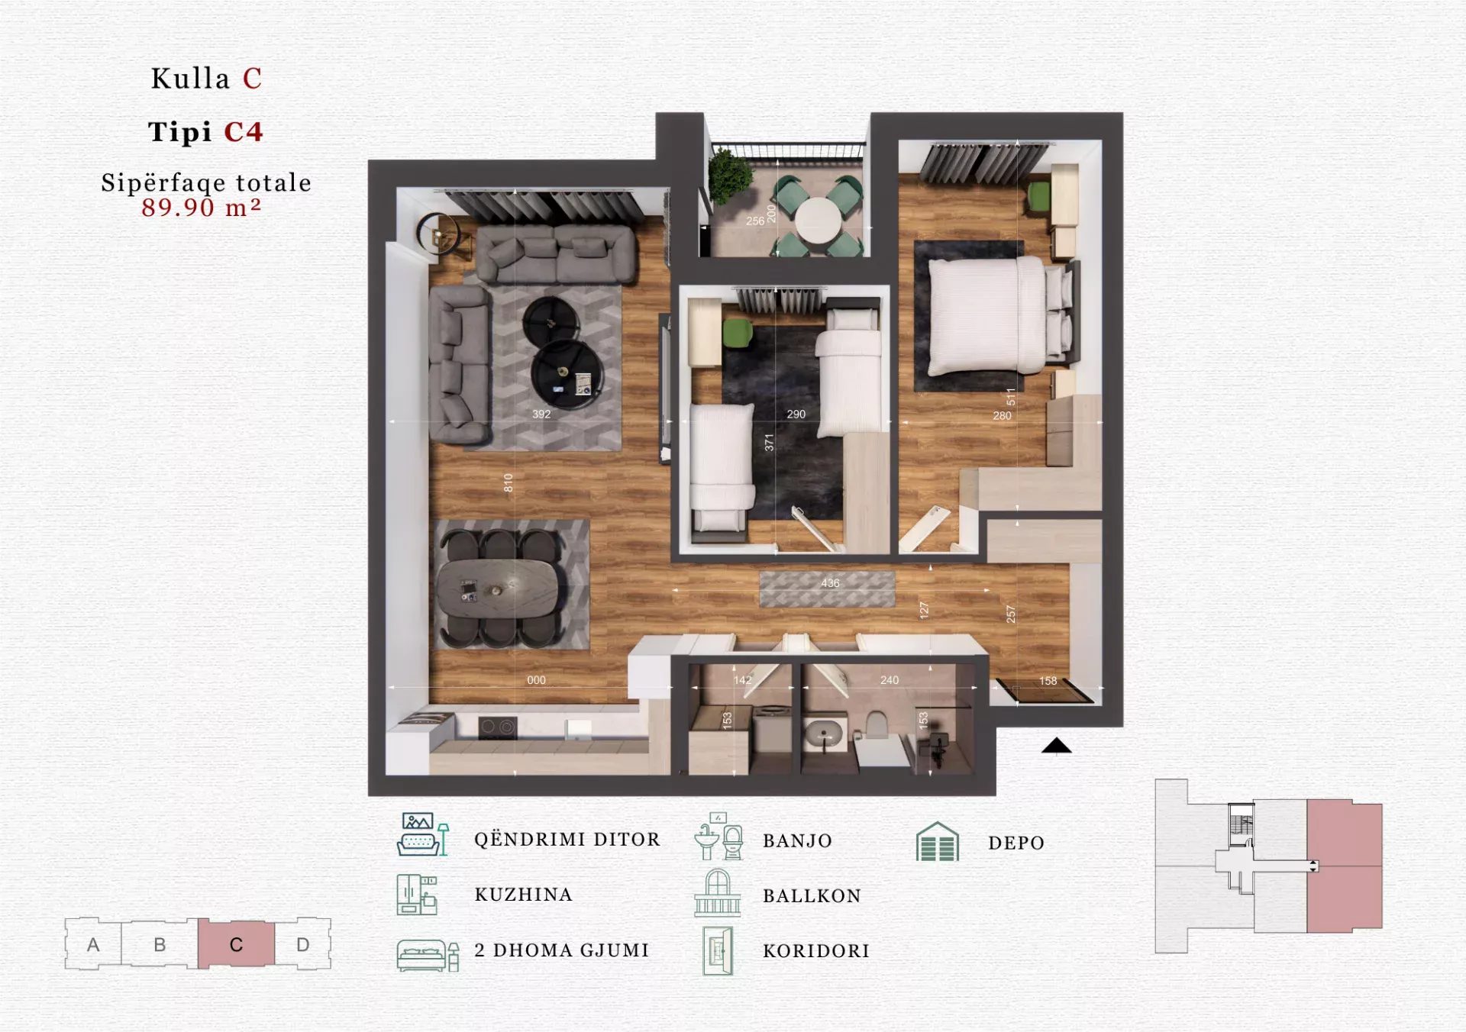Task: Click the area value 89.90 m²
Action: point(202,208)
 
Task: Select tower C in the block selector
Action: point(236,944)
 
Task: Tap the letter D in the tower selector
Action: point(303,944)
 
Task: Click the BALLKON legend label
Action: point(812,896)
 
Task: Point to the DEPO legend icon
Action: point(937,842)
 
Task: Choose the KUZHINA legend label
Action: point(523,895)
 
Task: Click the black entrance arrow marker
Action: point(1057,746)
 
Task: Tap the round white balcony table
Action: point(818,220)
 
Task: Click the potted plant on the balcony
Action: point(730,175)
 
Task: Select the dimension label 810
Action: point(509,483)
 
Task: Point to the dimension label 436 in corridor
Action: point(830,583)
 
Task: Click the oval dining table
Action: point(497,588)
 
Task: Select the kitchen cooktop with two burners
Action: point(497,727)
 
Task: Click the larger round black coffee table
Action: point(567,374)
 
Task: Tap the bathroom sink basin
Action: point(824,735)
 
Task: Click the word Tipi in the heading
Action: point(180,132)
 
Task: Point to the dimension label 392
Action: point(541,414)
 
